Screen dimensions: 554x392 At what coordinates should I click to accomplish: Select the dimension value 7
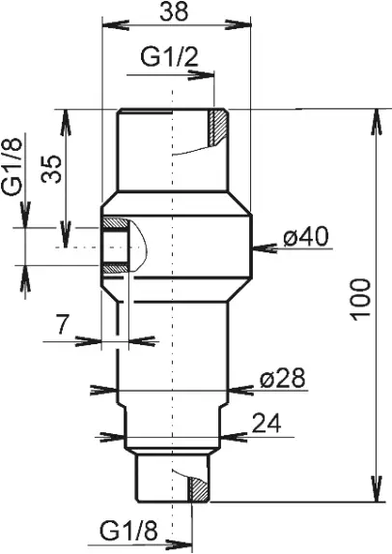point(63,326)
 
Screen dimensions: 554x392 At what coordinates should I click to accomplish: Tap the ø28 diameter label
point(279,381)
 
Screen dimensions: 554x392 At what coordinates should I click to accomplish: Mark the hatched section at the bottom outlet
point(197,490)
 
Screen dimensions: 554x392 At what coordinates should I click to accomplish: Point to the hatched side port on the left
point(114,246)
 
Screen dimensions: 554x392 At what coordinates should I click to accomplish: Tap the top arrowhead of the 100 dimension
point(374,115)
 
